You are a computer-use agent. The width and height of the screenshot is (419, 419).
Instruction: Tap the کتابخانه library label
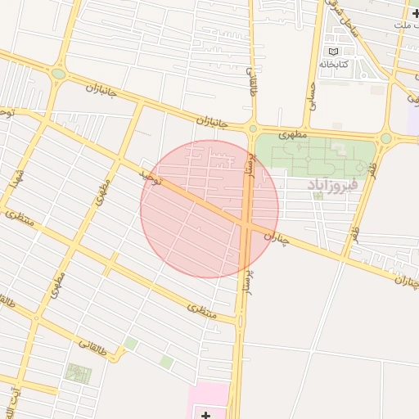tap(333, 64)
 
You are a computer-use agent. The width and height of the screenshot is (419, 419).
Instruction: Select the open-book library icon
tap(332, 52)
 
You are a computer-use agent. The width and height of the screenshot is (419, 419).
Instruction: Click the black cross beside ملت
tap(416, 14)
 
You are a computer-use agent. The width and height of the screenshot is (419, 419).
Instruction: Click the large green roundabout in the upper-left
tap(58, 74)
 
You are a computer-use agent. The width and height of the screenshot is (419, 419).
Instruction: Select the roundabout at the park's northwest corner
tap(252, 128)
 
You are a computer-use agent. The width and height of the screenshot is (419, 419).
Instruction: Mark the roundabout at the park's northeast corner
tap(386, 138)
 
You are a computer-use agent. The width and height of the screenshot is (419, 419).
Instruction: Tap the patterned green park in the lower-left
tap(79, 373)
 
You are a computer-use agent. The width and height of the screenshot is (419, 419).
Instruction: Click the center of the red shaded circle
tap(209, 209)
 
